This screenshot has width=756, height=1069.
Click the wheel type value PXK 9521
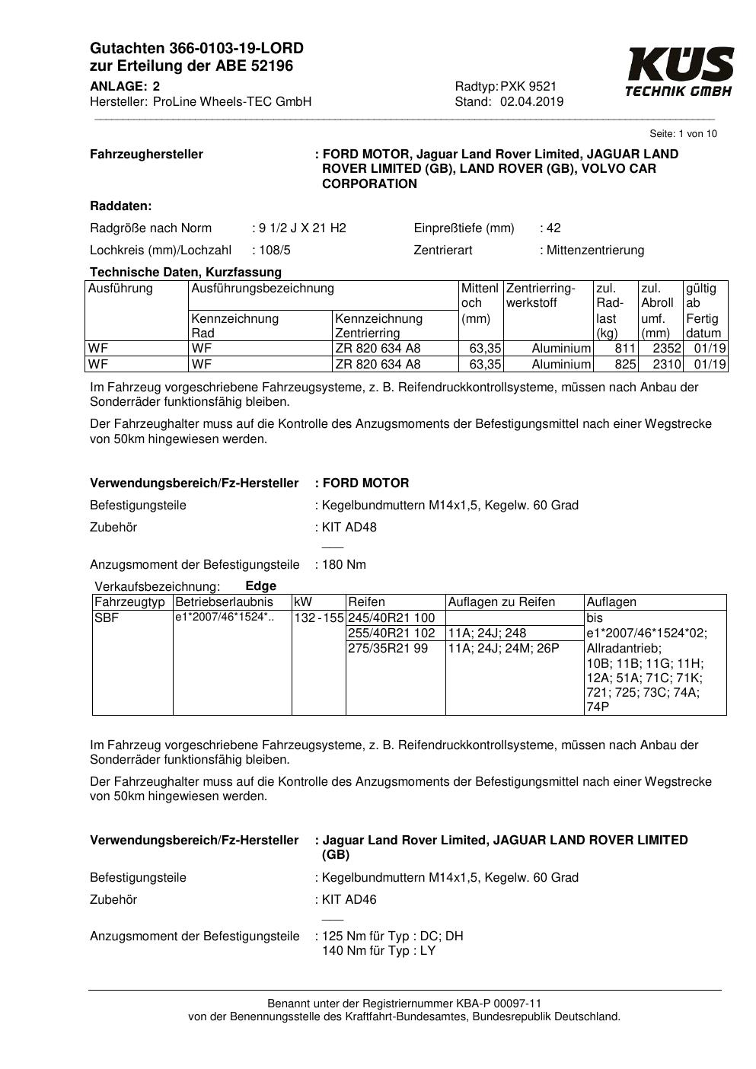point(528,87)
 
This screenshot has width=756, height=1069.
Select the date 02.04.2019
point(531,102)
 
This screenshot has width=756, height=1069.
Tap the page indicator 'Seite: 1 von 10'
point(683,134)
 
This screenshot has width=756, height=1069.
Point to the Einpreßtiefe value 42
point(553,228)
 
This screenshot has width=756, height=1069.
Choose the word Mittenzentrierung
point(595,250)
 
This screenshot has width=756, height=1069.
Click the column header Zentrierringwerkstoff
point(541,295)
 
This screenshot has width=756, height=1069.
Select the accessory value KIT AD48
point(349,527)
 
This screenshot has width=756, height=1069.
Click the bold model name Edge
point(261,586)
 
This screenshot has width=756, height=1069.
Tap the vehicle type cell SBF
point(107,617)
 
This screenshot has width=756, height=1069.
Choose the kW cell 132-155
point(319,617)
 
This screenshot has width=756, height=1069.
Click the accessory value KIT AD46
point(349,899)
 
